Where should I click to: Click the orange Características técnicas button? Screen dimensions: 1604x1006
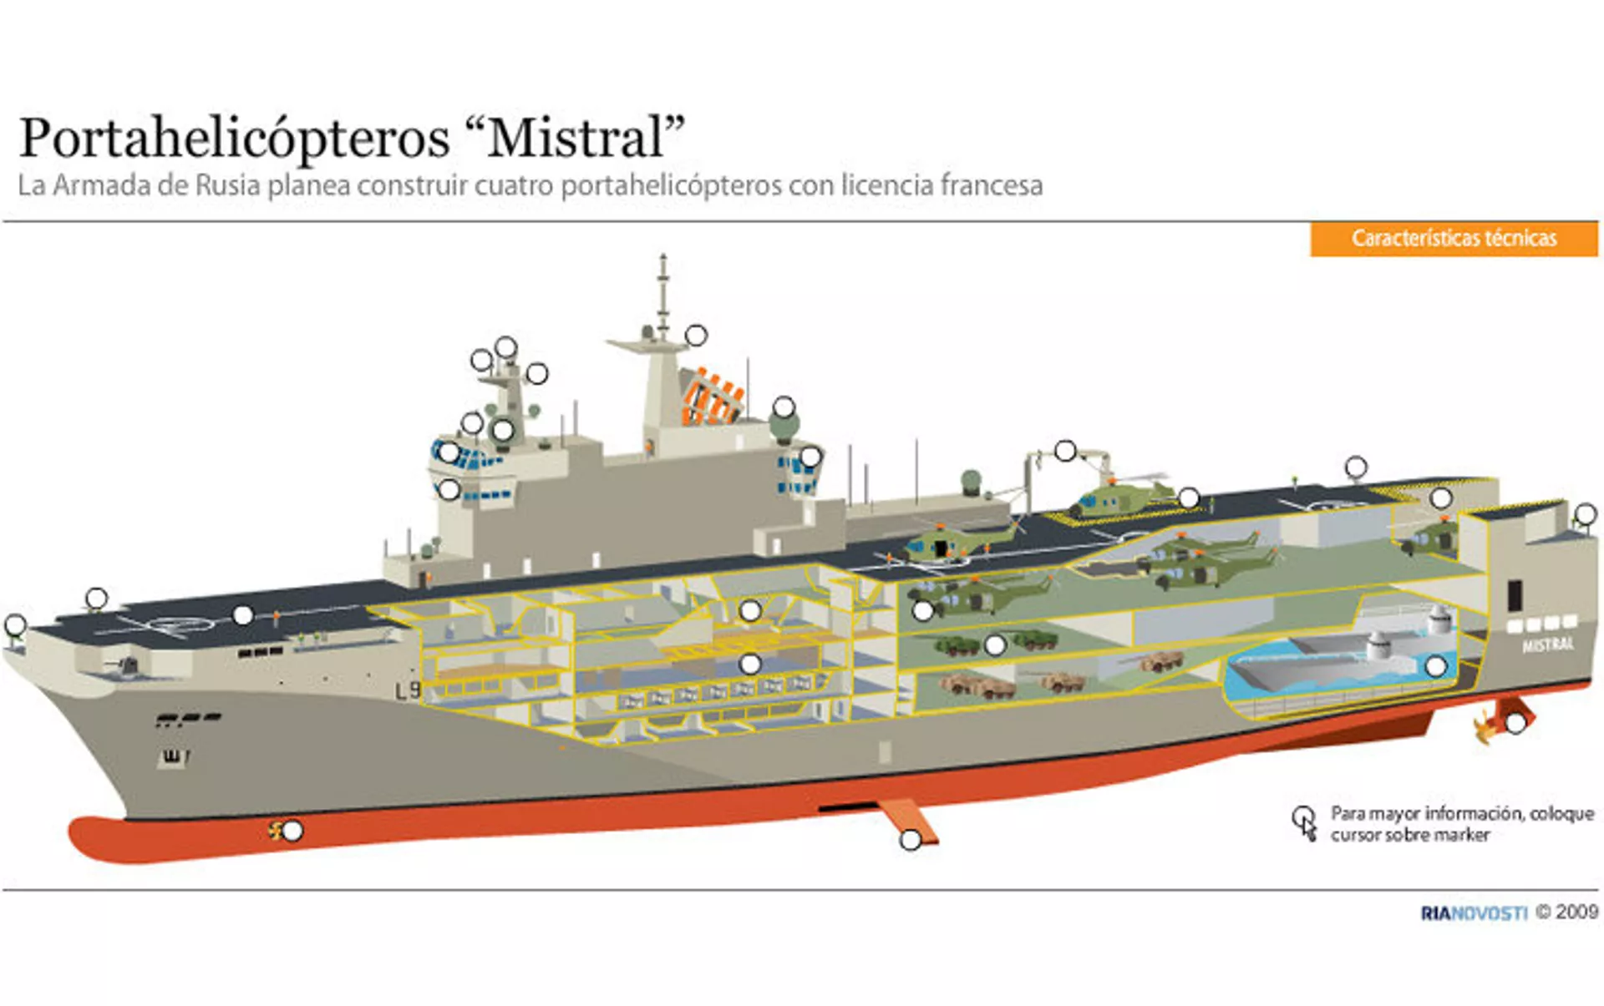[x=1454, y=239]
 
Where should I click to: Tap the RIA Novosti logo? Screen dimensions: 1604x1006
[x=1474, y=912]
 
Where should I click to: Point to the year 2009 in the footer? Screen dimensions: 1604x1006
[x=1577, y=912]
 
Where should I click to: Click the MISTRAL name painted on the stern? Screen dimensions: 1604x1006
[x=1547, y=645]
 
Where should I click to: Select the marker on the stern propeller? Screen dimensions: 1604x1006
[x=1515, y=723]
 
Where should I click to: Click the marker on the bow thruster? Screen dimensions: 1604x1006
[x=292, y=831]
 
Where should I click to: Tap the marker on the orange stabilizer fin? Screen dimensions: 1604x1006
[x=911, y=840]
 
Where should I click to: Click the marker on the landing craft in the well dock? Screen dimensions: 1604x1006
[x=1436, y=666]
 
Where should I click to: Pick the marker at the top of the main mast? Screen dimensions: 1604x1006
[x=696, y=335]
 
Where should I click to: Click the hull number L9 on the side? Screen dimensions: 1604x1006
[x=409, y=690]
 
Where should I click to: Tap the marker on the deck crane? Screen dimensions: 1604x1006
[x=1065, y=451]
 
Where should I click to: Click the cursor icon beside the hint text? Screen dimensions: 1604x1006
[x=1304, y=822]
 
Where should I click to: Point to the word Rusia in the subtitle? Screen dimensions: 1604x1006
[x=228, y=185]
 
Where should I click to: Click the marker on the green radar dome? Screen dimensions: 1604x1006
[x=784, y=407]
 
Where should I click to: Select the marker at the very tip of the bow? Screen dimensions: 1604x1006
[x=15, y=624]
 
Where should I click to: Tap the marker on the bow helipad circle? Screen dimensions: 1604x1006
[x=243, y=615]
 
